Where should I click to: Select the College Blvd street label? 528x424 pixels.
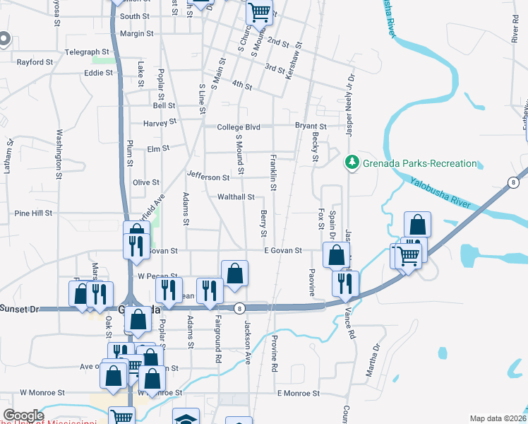[x=239, y=127]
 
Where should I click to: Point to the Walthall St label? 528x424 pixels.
[x=236, y=197]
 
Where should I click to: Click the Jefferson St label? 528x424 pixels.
[x=208, y=177]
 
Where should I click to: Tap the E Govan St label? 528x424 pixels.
[x=282, y=250]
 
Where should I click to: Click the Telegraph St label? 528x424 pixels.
[x=87, y=52]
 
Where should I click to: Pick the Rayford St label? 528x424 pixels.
[x=35, y=62]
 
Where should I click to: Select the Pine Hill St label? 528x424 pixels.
[x=33, y=213]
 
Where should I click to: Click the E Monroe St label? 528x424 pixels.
[x=299, y=393]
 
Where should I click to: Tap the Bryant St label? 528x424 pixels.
[x=311, y=126]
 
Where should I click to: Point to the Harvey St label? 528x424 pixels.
[x=159, y=122]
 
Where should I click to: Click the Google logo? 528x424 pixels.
[x=23, y=416]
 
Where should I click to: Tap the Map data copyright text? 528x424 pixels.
[x=498, y=418]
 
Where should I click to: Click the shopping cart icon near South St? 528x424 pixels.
[x=259, y=11]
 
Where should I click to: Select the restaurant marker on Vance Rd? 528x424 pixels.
[x=345, y=283]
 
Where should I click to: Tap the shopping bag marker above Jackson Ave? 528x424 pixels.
[x=234, y=273]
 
